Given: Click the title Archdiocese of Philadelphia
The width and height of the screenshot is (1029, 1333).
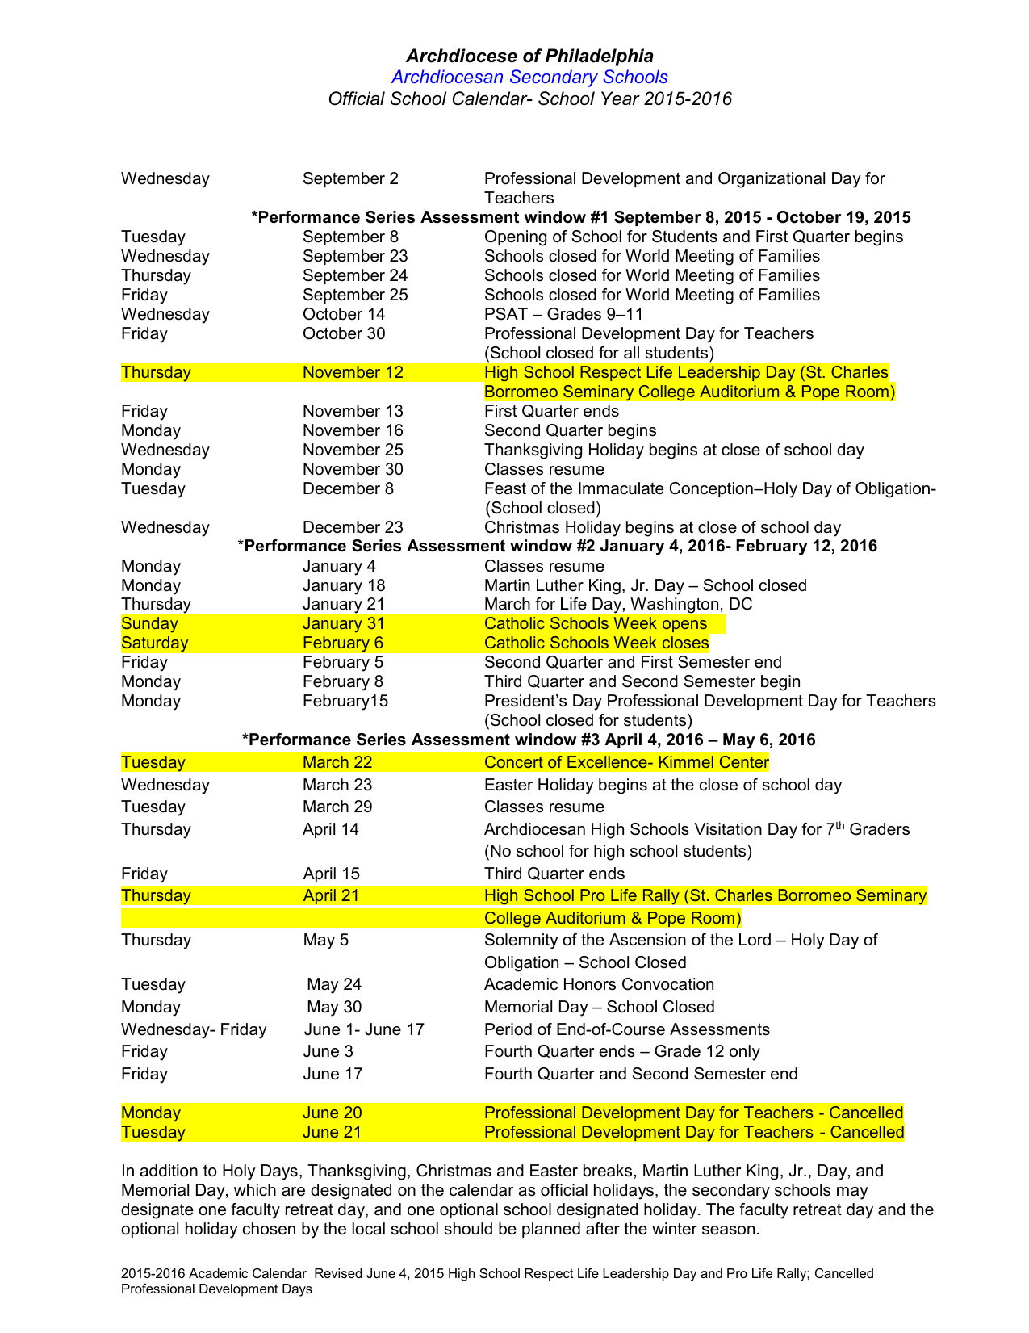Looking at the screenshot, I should (529, 56).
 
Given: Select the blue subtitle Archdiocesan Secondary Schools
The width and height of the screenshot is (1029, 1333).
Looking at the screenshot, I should (529, 78).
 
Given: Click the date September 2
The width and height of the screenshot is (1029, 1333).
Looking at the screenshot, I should (350, 178).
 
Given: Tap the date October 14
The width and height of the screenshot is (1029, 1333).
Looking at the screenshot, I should (344, 314).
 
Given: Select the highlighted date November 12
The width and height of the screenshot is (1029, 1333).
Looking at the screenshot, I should (353, 372).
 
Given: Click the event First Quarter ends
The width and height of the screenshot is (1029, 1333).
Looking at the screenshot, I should (551, 411).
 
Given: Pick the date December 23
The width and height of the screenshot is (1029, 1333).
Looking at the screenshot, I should (353, 527).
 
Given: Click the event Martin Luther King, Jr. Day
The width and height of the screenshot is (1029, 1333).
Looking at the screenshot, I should (645, 585).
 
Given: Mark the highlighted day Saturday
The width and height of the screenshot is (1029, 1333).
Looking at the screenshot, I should (154, 643).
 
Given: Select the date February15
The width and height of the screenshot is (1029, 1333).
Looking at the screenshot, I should (345, 701).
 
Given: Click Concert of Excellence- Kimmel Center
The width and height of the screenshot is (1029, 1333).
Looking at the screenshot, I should (626, 762).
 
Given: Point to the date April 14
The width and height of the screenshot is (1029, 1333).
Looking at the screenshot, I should (331, 829).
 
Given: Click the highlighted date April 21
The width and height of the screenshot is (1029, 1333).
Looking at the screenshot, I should (331, 895).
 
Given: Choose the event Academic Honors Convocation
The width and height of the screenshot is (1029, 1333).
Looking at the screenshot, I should (599, 984).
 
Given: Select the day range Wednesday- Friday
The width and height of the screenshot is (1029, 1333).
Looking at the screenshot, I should (194, 1029).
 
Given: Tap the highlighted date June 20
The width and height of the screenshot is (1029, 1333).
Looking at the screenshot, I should (332, 1113).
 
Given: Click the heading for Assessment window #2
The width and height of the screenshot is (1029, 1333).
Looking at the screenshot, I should (558, 547).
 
